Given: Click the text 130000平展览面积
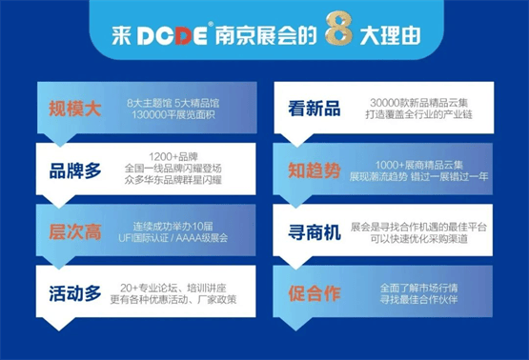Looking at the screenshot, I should click(x=168, y=115).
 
